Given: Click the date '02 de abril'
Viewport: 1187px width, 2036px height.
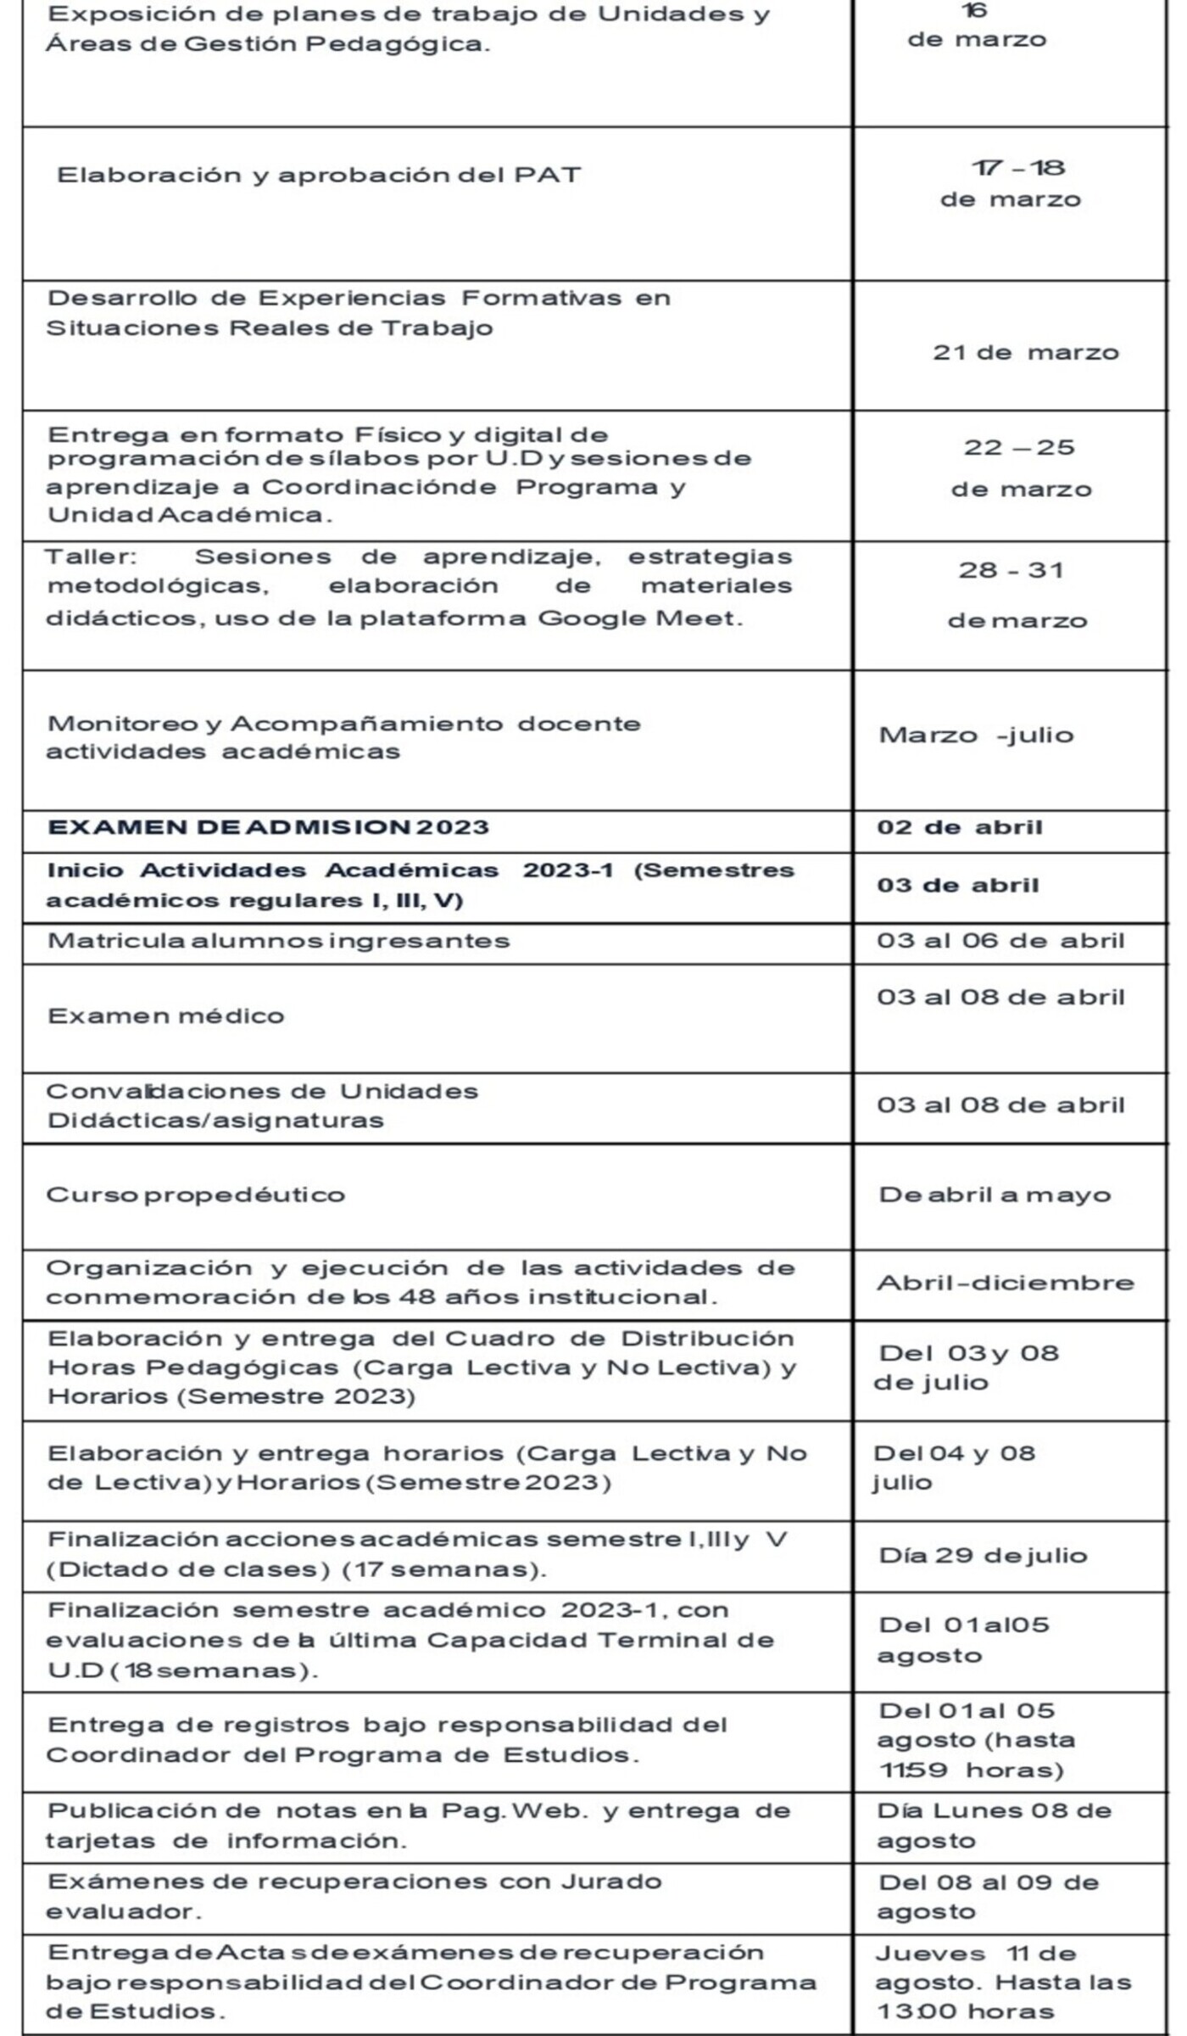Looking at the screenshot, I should pos(959,827).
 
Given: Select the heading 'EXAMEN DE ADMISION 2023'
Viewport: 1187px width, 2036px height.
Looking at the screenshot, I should pos(268,827).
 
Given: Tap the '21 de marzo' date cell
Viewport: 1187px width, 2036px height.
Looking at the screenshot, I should pos(1025,352).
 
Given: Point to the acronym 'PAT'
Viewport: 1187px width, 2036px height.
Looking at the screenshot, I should pos(548,175).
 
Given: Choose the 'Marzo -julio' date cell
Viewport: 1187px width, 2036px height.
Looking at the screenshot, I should pos(976,735).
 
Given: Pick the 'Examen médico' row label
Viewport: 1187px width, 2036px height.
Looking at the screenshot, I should pos(166,1015).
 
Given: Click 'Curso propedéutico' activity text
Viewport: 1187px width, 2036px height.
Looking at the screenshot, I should pos(196,1194).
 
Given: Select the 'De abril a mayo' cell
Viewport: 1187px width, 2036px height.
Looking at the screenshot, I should pos(995,1194).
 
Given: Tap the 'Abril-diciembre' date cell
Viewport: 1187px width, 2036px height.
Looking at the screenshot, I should pos(1005,1282).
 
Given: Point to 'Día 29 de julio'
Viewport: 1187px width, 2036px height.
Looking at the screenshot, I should pos(983,1555).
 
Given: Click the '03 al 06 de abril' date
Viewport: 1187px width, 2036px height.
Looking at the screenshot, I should pos(1000,941).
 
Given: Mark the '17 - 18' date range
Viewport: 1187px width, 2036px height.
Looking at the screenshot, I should pos(1017,168).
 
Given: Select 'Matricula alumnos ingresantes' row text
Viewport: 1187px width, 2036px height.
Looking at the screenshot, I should pos(279,941).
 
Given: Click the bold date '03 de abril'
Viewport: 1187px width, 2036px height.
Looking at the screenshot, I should pos(957,885).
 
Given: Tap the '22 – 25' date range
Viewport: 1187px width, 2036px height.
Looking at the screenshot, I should pos(1019,447).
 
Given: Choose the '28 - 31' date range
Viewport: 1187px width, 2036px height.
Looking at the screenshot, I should pos(1011,569).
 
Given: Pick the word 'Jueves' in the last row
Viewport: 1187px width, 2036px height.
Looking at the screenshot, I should pos(930,1953).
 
